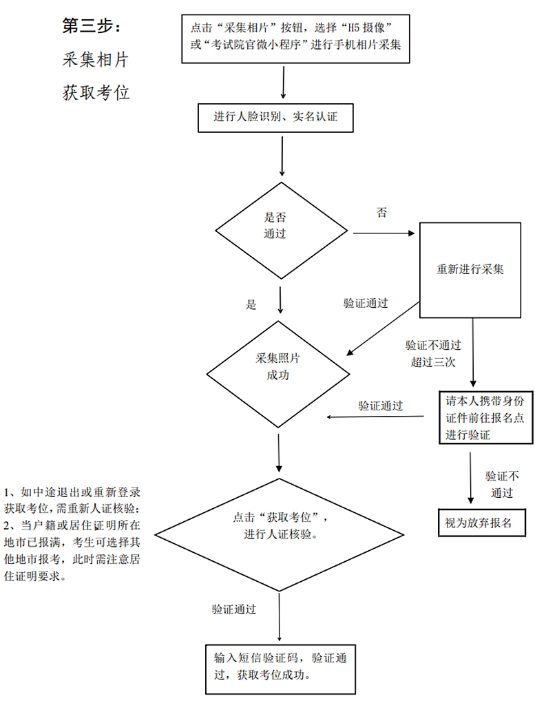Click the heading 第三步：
point(91,26)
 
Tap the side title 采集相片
point(96,60)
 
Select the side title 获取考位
point(96,93)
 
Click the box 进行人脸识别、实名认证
point(275,118)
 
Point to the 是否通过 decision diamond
point(281,231)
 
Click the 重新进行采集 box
point(470,270)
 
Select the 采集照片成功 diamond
point(278,374)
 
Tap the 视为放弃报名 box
point(481,523)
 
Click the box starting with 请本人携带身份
point(485,417)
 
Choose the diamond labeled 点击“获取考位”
point(280,534)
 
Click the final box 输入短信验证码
point(280,669)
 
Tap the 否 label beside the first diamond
point(381,212)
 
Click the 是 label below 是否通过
point(251,305)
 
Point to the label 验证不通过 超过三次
point(433,354)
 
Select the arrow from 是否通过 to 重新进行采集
point(384,233)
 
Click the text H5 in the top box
point(355,28)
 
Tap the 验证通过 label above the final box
point(234,609)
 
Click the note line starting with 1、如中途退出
point(72,492)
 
